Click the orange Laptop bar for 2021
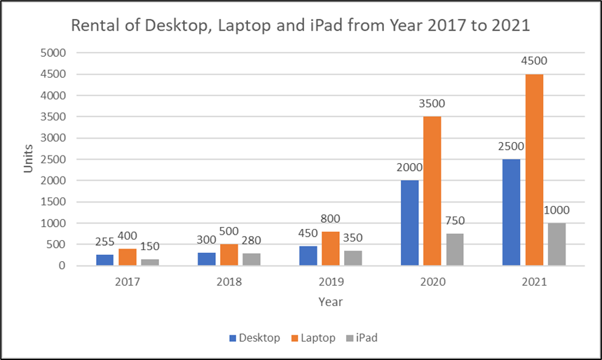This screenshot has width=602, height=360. point(534,170)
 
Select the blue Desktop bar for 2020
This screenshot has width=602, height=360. point(409,223)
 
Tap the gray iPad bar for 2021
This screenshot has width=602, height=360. point(556,244)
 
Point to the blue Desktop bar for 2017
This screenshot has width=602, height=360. point(104,260)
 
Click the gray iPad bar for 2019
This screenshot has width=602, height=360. point(353,258)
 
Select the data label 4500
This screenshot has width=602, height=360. point(534,61)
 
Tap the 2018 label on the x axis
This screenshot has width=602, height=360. point(229,282)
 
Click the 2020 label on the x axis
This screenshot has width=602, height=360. point(432,282)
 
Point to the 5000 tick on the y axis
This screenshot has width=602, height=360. point(53,53)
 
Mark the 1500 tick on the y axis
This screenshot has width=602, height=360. point(53,202)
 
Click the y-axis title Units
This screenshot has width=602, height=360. point(28,160)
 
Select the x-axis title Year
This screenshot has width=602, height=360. point(331,303)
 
